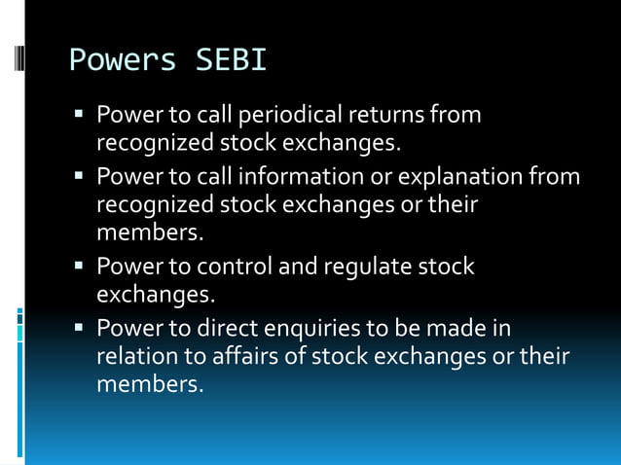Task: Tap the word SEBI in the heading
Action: pos(230,61)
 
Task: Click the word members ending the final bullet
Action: pos(148,385)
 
